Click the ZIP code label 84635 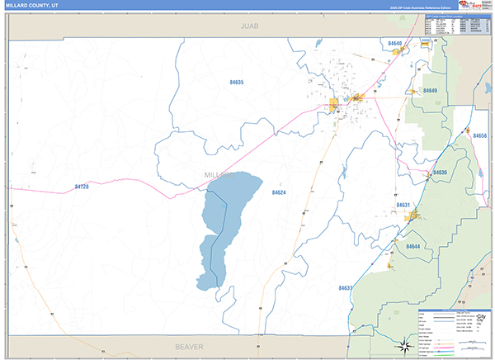pyautogui.click(x=237, y=83)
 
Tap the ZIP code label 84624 pyautogui.click(x=279, y=192)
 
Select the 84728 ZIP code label pyautogui.click(x=81, y=187)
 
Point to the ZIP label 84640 pyautogui.click(x=394, y=43)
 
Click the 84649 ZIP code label pyautogui.click(x=430, y=90)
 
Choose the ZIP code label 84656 pyautogui.click(x=479, y=135)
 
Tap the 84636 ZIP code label pyautogui.click(x=440, y=173)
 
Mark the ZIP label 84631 pyautogui.click(x=403, y=205)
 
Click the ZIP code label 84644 pyautogui.click(x=413, y=246)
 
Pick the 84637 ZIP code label pyautogui.click(x=346, y=287)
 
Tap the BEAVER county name pyautogui.click(x=189, y=347)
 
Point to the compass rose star pyautogui.click(x=405, y=345)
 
